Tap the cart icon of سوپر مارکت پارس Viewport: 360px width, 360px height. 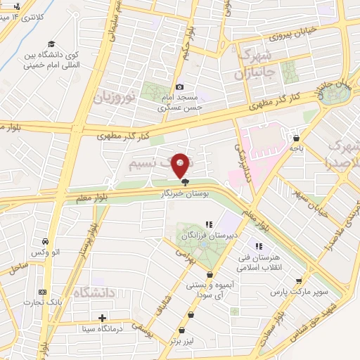tap(299, 280)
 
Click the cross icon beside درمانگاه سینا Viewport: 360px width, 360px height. tap(103, 318)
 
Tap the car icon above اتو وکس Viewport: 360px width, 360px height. tap(44, 239)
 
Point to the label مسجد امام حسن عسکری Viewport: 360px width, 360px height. tap(180, 103)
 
